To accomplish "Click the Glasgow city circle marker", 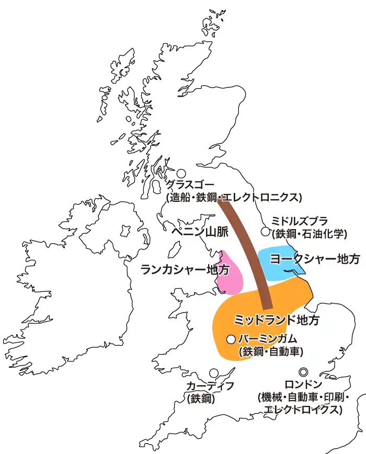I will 181,173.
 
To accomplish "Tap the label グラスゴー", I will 190,185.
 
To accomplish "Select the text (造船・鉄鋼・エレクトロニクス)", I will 234,197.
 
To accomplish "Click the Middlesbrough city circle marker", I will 266,231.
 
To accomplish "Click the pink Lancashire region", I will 230,275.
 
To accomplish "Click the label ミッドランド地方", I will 277,319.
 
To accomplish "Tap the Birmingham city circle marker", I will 231,339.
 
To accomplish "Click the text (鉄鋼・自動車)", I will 271,351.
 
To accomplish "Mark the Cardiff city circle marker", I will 214,373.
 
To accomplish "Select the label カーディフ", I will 210,386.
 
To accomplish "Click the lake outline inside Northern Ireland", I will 125,230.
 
